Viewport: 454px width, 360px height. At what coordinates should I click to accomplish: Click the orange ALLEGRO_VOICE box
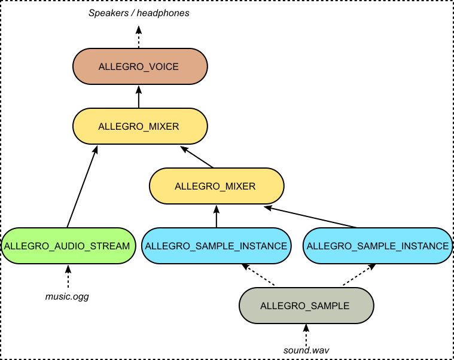click(139, 66)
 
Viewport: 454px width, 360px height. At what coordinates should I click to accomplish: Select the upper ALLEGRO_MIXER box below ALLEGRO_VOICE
click(139, 126)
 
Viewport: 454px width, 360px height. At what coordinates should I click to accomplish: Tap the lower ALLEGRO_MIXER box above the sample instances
click(215, 186)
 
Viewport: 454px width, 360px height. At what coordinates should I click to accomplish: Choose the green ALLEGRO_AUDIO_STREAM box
click(67, 246)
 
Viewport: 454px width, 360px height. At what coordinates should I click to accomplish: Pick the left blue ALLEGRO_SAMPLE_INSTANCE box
click(217, 246)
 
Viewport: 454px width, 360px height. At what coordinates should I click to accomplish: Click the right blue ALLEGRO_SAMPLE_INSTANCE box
click(377, 246)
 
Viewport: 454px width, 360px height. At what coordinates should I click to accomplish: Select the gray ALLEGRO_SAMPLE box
click(305, 306)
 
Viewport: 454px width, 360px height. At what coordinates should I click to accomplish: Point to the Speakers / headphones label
click(139, 13)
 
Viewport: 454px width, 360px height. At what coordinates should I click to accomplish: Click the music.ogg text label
click(67, 296)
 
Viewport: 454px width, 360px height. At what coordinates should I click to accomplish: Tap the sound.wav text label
click(306, 349)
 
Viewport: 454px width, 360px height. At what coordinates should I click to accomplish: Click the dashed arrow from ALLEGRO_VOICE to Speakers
click(139, 37)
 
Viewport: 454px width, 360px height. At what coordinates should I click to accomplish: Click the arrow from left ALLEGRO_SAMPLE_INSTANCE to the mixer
click(217, 216)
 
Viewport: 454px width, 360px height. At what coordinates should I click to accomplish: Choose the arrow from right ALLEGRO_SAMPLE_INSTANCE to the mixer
click(311, 217)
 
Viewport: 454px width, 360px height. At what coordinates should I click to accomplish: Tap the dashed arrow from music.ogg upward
click(67, 276)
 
